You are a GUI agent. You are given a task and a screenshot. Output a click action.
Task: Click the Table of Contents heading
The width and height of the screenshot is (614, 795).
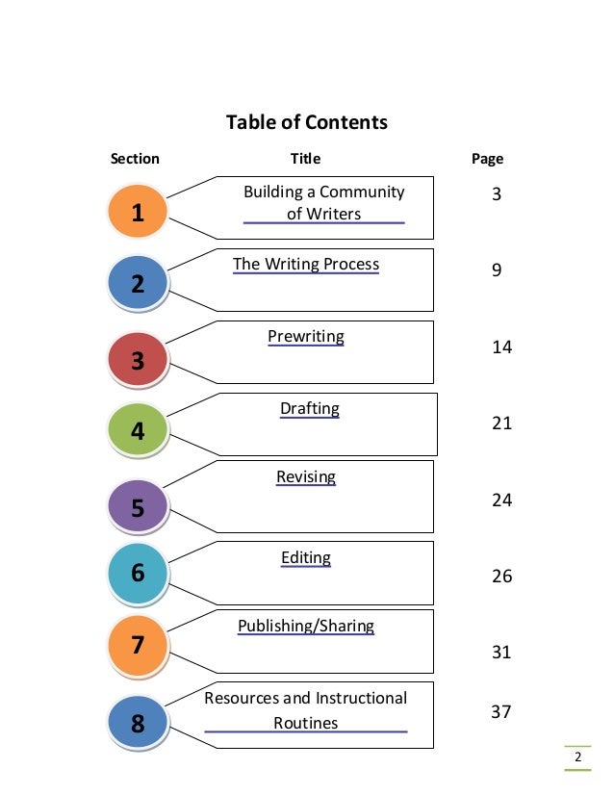point(306,123)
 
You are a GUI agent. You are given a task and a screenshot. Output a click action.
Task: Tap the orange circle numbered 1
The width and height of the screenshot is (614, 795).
point(138,213)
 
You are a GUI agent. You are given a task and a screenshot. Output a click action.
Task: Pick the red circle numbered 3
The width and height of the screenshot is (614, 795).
point(138,361)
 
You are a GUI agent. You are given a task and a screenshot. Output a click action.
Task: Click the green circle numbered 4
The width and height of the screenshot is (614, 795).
point(138,431)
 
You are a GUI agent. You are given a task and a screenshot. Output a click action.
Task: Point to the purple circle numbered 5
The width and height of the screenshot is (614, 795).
point(138,507)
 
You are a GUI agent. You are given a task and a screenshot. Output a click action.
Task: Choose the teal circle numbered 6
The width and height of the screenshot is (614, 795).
point(138,574)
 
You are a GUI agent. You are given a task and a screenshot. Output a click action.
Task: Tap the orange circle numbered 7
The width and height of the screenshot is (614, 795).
point(138,645)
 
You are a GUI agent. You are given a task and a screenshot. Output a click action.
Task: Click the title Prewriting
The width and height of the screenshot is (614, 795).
point(306,337)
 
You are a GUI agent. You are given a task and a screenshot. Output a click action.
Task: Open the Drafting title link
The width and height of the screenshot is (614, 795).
point(310,409)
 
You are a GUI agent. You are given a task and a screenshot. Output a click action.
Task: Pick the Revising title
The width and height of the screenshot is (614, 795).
point(306,477)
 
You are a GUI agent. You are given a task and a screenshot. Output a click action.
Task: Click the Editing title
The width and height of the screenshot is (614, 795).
point(306,558)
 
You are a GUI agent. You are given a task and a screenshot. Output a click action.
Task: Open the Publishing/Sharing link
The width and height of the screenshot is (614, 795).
point(306,627)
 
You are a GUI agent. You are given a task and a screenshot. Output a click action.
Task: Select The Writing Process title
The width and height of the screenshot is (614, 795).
point(306,265)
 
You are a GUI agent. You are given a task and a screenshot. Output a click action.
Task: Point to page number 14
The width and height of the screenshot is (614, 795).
point(501,347)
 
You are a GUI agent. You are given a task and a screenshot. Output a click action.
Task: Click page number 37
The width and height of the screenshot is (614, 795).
point(501,712)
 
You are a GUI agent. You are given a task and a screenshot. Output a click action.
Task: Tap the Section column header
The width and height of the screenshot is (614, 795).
point(135,159)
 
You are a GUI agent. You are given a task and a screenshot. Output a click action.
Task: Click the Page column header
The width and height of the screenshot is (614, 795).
point(487,159)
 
